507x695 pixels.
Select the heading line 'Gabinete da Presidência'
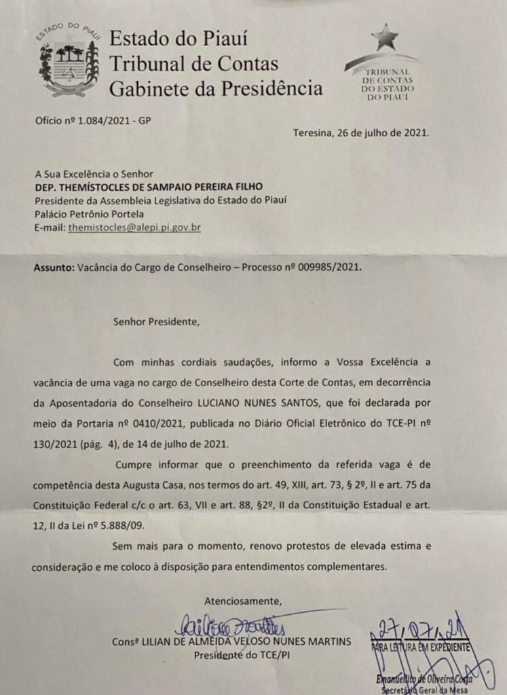[x=216, y=88]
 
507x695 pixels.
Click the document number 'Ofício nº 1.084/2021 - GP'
[x=93, y=121]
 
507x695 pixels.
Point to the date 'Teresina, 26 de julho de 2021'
[x=360, y=133]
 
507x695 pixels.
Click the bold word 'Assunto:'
[x=53, y=267]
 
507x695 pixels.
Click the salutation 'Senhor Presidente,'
[x=157, y=321]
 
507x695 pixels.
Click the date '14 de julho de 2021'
[x=171, y=444]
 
